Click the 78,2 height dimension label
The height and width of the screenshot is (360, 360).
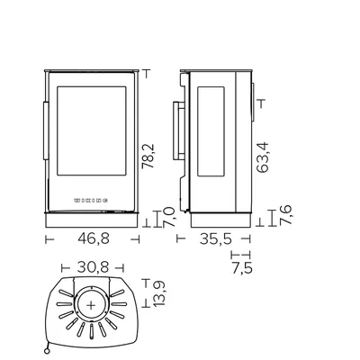148,156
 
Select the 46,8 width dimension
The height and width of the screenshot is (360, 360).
94,238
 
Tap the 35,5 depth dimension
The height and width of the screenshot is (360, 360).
216,238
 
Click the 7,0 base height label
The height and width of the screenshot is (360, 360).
169,218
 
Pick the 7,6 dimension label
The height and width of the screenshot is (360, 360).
285,215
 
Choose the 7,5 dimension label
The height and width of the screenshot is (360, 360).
242,268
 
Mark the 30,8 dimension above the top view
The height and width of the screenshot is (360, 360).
93,267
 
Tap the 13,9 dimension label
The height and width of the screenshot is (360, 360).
159,293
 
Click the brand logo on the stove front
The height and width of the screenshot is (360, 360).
91,201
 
